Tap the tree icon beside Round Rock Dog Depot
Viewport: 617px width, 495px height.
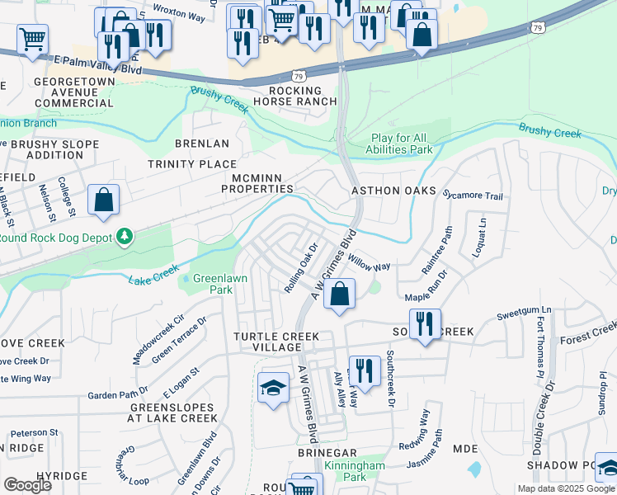[x=125, y=238]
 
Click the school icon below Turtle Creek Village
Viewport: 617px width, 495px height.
[x=273, y=388]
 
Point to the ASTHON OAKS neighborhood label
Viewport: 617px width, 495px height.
[x=393, y=190]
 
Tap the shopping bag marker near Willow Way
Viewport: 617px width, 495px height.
[x=339, y=294]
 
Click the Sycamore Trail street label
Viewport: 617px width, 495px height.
[x=472, y=196]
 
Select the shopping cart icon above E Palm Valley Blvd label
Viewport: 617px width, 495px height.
[x=32, y=38]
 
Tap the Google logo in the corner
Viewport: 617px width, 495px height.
[x=27, y=485]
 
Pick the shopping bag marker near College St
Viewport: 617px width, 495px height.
[x=103, y=200]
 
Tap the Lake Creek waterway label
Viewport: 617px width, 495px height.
[x=153, y=276]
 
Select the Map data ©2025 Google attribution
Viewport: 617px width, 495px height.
[x=566, y=488]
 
